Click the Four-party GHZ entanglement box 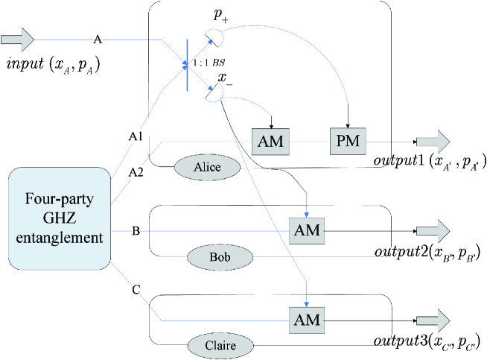click(60, 218)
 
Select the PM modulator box click(348, 141)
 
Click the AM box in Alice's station click(271, 142)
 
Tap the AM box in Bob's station click(307, 230)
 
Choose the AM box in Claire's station click(307, 320)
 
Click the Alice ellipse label click(207, 167)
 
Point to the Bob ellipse click(220, 257)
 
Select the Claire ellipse click(220, 345)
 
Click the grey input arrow click(17, 40)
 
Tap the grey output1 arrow click(433, 142)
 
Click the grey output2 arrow click(433, 231)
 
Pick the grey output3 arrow click(433, 320)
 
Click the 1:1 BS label click(209, 63)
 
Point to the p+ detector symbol click(214, 37)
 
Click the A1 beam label click(136, 136)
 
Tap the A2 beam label click(136, 172)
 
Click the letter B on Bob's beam click(136, 231)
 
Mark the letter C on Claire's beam click(136, 290)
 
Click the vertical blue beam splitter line click(187, 66)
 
